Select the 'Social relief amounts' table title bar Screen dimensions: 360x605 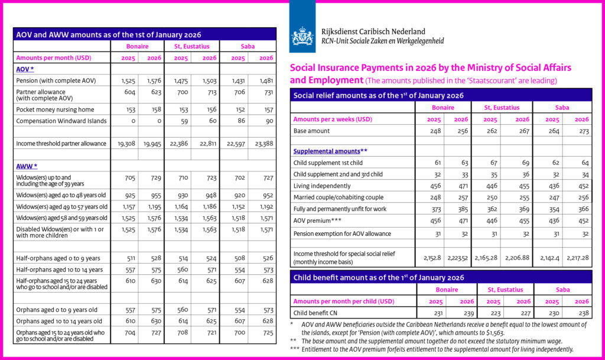tap(378, 95)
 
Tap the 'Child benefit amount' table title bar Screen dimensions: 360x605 tap(378, 277)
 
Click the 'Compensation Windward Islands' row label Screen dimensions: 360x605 tap(61, 121)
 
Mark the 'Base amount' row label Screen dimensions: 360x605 tap(311, 131)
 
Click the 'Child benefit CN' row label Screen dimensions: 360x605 tap(318, 313)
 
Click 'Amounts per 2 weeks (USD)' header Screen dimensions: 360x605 tap(333, 119)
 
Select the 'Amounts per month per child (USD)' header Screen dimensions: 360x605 tap(344, 301)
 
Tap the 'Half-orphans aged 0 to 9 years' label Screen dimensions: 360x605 tap(58, 258)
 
